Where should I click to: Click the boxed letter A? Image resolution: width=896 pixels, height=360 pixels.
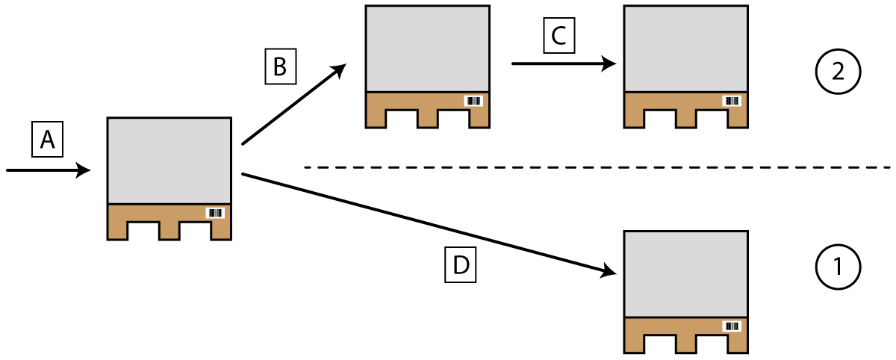47,140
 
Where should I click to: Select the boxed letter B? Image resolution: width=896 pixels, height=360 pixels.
280,66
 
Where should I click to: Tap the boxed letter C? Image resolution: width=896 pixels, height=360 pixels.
559,36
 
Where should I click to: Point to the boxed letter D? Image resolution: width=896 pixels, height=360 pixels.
461,266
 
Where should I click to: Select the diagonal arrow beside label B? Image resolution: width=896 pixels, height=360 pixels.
293,104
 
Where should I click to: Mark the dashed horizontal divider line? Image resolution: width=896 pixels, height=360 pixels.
597,167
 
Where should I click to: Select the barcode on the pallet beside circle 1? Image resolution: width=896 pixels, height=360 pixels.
732,326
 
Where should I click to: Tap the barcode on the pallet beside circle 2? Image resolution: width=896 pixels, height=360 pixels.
732,101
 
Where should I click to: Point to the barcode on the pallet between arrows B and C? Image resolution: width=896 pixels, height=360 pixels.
474,101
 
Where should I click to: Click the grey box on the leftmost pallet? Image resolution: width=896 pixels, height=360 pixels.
169,161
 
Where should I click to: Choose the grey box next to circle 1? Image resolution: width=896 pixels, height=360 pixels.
685,274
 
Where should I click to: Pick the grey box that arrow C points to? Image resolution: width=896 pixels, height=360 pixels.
685,49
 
